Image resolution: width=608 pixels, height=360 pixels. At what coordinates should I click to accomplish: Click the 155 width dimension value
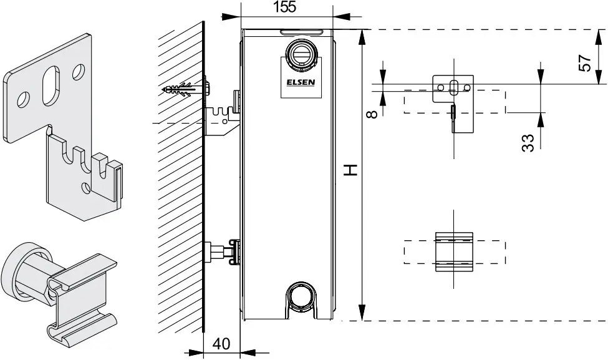pyautogui.click(x=284, y=7)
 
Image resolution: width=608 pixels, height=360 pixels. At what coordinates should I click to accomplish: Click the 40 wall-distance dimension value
pyautogui.click(x=221, y=343)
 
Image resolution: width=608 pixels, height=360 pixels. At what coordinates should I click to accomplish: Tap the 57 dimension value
pyautogui.click(x=585, y=63)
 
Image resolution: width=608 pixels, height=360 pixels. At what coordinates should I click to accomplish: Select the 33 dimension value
pyautogui.click(x=528, y=143)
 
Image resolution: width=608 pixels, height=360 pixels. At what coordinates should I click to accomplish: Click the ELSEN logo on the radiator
pyautogui.click(x=301, y=82)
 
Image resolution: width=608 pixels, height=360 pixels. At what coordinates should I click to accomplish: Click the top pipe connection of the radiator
pyautogui.click(x=301, y=55)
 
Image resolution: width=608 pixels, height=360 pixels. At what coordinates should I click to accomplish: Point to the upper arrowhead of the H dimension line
pyautogui.click(x=362, y=37)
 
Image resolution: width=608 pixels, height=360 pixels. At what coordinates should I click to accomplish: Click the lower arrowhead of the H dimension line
pyautogui.click(x=362, y=313)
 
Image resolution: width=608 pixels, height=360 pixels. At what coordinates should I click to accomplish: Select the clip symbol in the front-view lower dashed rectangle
pyautogui.click(x=454, y=252)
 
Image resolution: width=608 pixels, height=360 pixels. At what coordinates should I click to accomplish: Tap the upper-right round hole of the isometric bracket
pyautogui.click(x=79, y=72)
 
